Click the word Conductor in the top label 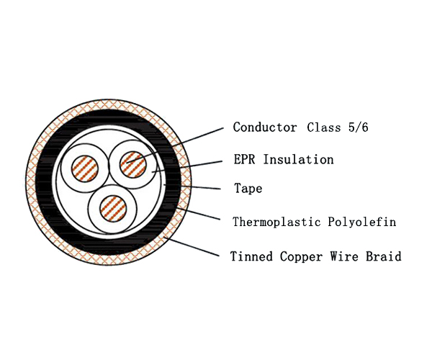[264, 127]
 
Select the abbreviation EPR [246, 160]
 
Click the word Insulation [299, 160]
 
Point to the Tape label [248, 190]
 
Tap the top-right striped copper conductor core [132, 162]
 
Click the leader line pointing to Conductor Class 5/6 [194, 139]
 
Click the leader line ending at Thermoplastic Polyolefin [205, 215]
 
